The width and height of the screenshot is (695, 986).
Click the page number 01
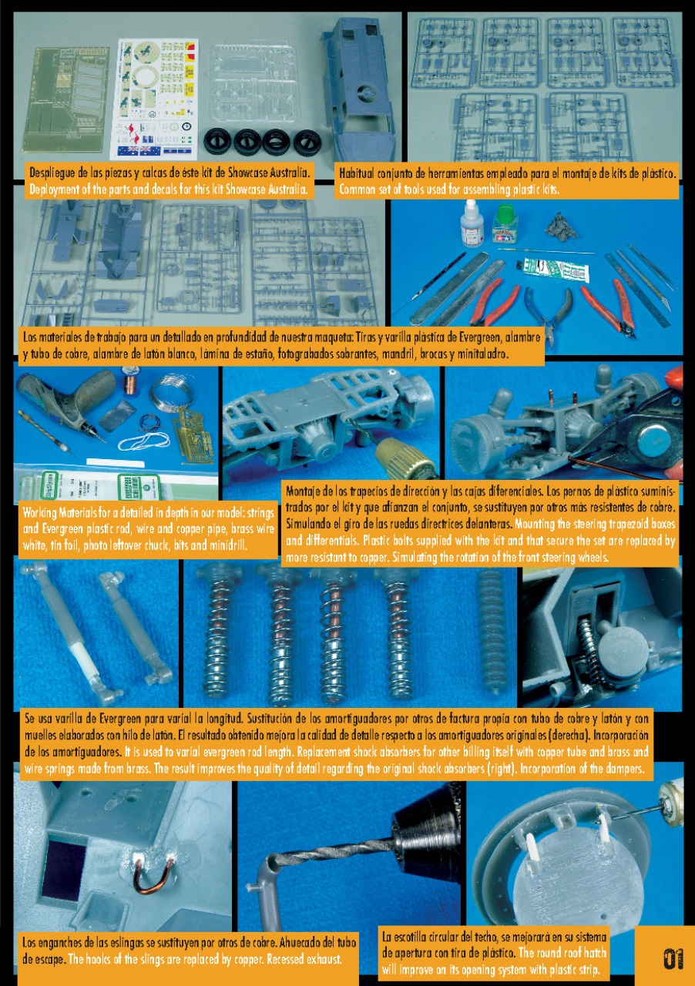coord(673,959)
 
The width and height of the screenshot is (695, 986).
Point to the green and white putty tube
coord(553,270)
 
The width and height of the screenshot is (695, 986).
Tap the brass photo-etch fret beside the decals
coord(65,100)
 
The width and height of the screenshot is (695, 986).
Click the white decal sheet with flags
coord(153,99)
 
